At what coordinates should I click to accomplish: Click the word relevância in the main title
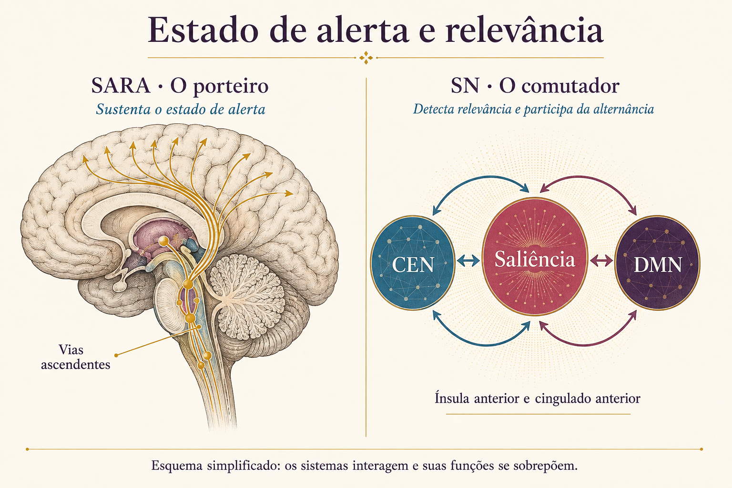click(525, 30)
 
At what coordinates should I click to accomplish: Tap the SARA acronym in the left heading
click(121, 86)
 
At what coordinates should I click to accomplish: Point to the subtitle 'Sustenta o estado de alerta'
click(181, 110)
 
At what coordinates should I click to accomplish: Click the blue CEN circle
click(412, 263)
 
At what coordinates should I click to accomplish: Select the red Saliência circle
click(535, 256)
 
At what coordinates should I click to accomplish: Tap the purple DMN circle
click(658, 263)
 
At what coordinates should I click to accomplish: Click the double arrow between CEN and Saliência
click(468, 261)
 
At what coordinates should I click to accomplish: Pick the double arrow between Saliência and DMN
click(601, 261)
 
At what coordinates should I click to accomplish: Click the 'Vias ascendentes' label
click(75, 357)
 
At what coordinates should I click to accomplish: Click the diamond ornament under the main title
click(366, 58)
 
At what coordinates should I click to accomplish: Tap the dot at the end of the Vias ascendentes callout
click(116, 356)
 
